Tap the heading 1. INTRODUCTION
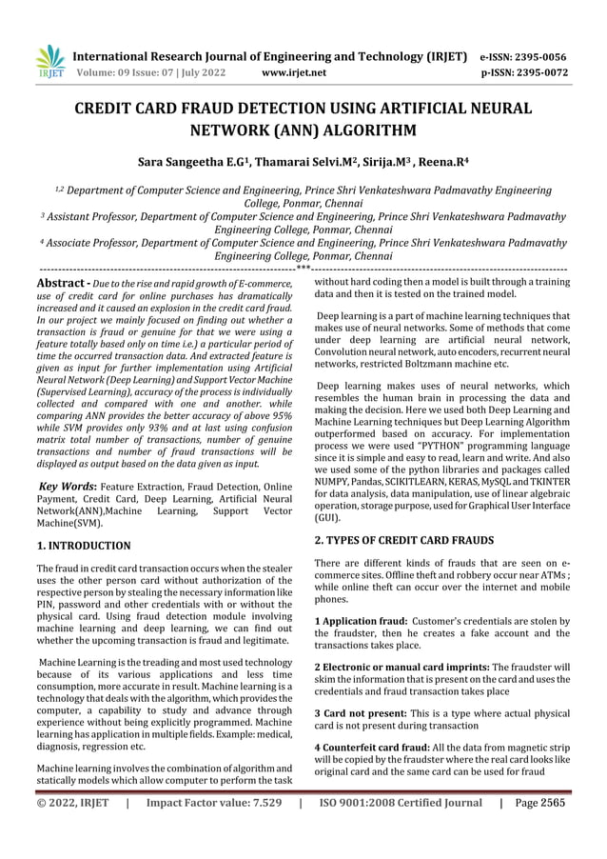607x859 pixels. click(x=84, y=546)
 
